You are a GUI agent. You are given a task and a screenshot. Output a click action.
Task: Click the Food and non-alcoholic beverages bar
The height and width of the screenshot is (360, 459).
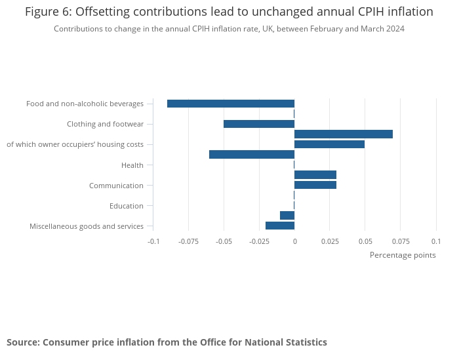tap(231, 104)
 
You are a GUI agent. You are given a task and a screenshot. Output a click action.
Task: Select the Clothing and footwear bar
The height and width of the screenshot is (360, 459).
tap(259, 124)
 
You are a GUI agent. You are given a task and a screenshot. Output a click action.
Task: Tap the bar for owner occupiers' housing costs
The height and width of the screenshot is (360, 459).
tap(329, 144)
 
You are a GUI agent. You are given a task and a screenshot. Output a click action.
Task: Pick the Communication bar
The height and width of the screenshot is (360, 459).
tap(315, 185)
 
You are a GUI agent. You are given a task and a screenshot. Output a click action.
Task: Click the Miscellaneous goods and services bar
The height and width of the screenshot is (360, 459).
tap(280, 226)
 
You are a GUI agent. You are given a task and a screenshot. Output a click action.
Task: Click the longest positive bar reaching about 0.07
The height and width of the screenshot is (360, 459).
tap(344, 134)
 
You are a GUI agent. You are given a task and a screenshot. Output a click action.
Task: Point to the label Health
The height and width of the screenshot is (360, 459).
tap(132, 165)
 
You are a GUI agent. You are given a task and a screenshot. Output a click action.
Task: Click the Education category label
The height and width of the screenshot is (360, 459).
tap(127, 206)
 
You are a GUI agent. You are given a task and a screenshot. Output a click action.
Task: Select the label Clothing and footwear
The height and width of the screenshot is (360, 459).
tap(105, 124)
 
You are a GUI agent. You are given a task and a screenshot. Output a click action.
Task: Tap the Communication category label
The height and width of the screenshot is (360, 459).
tap(116, 186)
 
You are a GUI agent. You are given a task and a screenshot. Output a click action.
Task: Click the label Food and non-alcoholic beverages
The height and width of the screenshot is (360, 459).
tap(85, 104)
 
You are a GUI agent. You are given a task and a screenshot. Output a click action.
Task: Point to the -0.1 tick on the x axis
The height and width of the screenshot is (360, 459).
tap(153, 241)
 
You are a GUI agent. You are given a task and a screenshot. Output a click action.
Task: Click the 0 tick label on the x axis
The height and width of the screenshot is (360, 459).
tap(294, 241)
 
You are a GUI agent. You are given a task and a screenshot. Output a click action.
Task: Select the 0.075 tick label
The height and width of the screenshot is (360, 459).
tap(400, 241)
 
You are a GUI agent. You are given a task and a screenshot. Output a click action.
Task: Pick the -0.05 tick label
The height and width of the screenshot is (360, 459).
tap(224, 241)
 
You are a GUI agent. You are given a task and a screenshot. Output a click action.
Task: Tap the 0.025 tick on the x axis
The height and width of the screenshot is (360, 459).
tap(330, 241)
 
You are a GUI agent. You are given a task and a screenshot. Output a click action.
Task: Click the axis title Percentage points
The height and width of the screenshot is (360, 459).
tap(403, 255)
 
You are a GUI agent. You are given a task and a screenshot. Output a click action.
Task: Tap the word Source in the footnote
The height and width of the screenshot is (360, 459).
tap(23, 342)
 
